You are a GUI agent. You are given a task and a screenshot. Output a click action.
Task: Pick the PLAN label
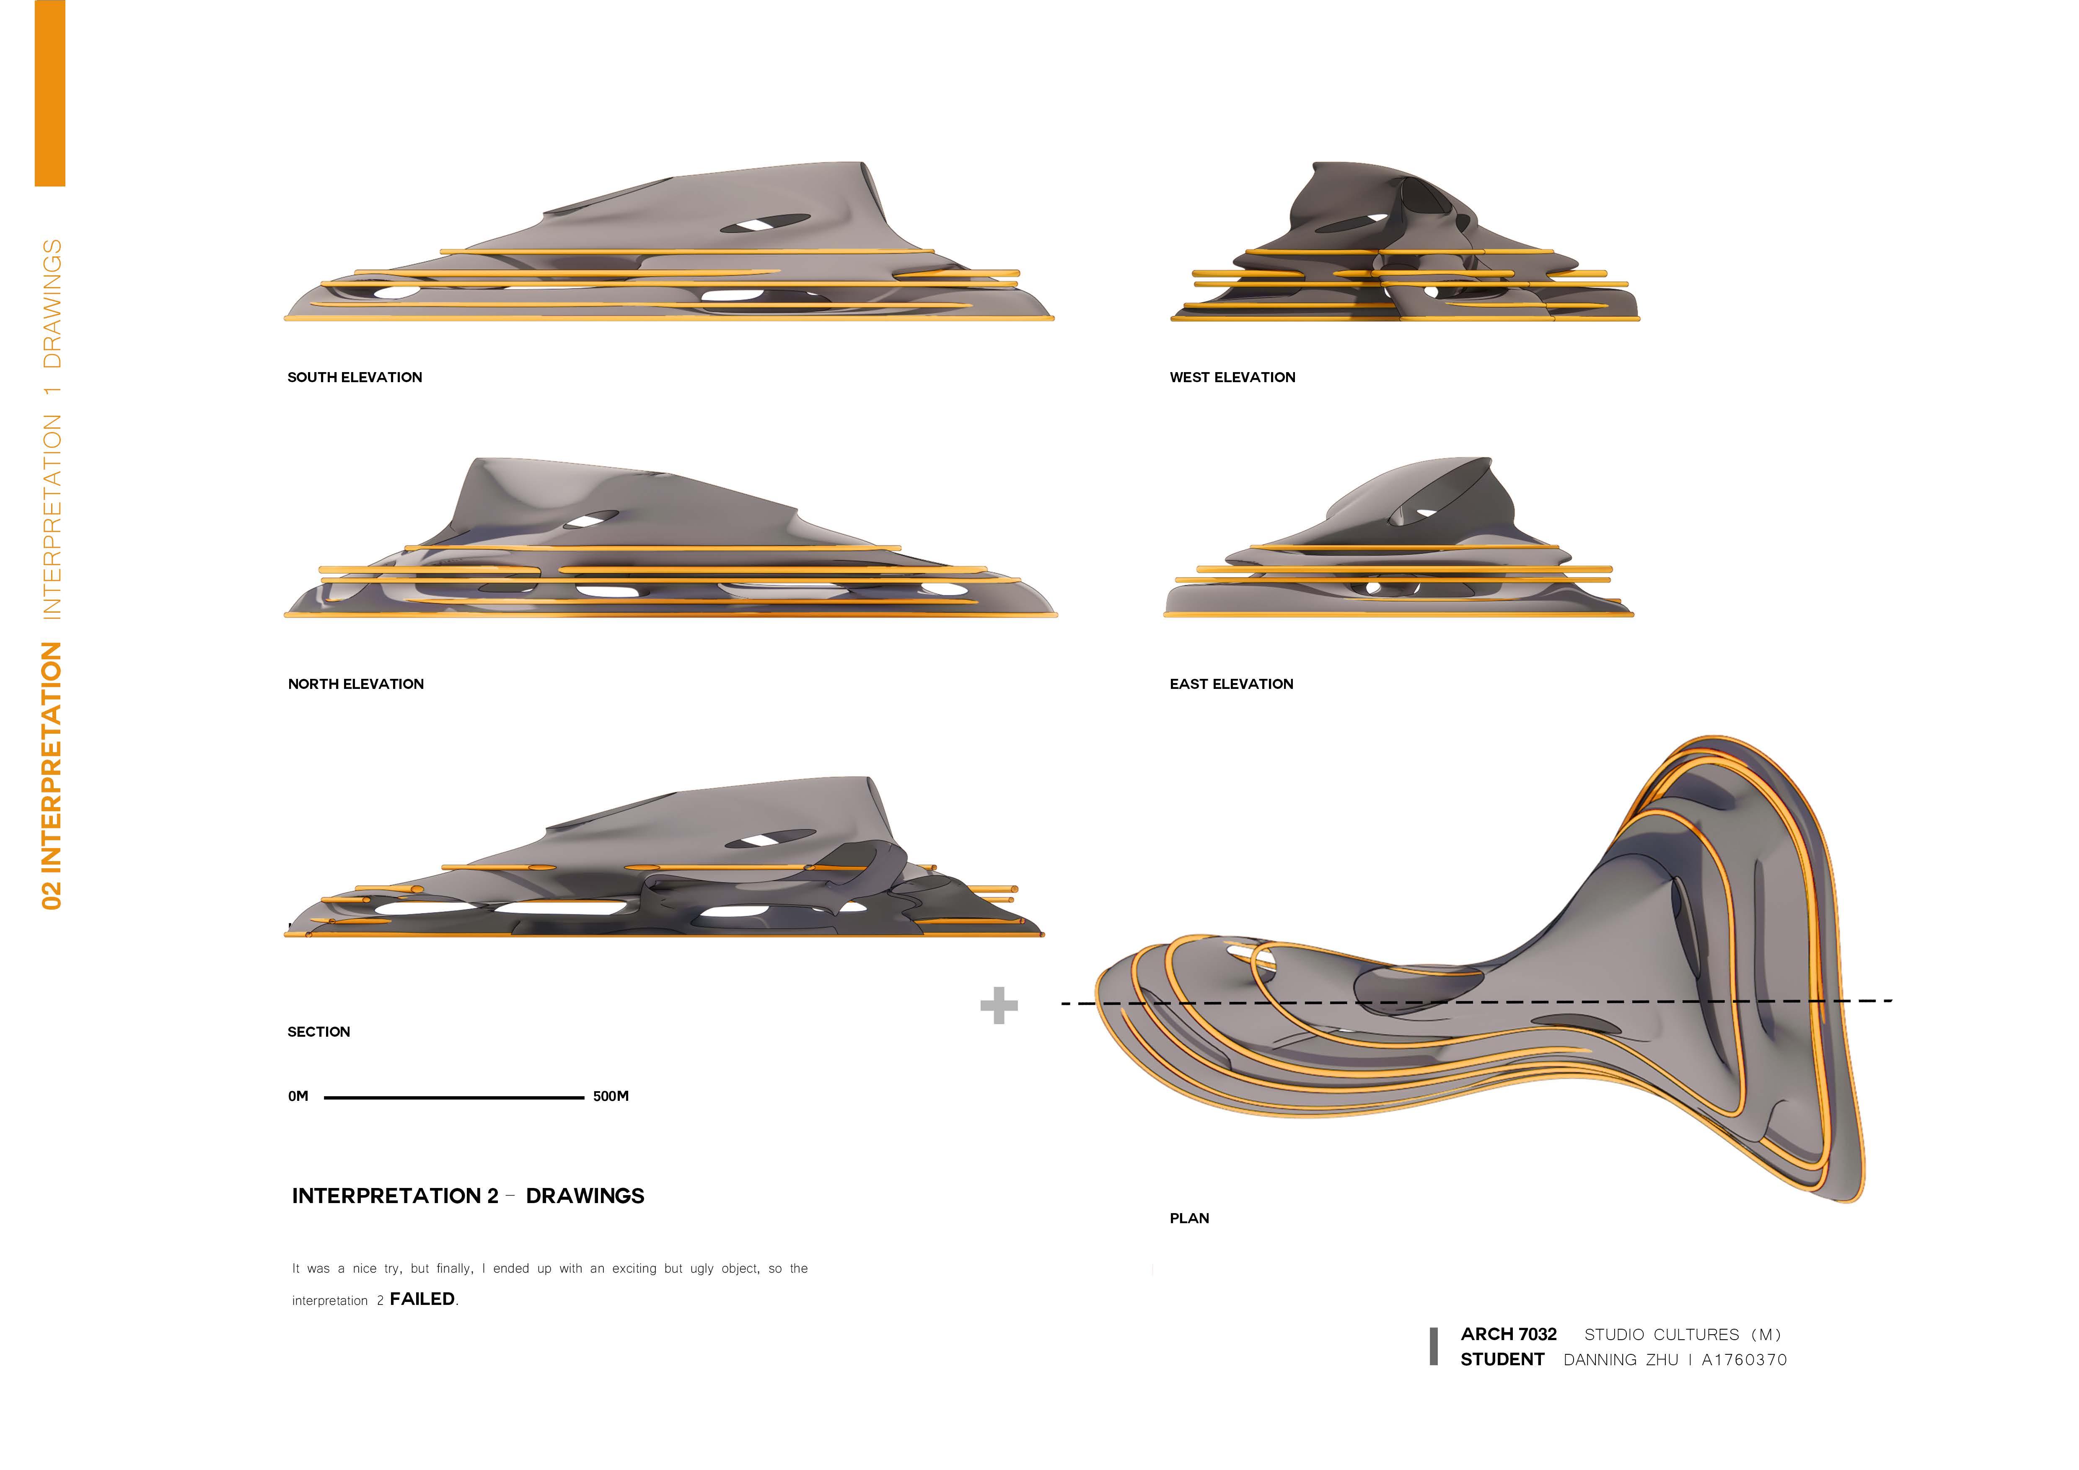(1189, 1218)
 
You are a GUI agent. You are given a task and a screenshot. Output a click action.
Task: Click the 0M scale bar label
(298, 1096)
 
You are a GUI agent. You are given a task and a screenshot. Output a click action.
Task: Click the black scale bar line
(453, 1098)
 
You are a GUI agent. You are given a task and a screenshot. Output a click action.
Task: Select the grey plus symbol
(999, 1006)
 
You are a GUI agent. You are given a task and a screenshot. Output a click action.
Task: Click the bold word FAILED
(422, 1299)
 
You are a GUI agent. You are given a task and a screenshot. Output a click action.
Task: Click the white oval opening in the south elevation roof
(765, 224)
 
